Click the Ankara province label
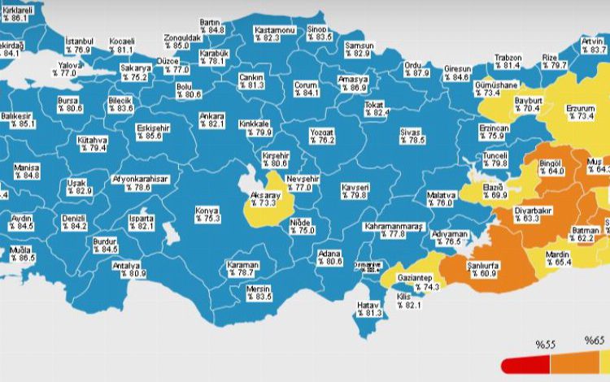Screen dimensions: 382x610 coord(211,119)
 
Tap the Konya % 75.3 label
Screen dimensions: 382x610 coord(207,215)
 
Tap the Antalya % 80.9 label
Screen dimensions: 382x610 coord(130,270)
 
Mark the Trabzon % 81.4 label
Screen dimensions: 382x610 coord(508,61)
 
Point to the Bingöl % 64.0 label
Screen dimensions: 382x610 coord(551,167)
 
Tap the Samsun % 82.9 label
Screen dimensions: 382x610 coord(362,49)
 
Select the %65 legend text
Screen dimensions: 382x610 coord(595,340)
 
